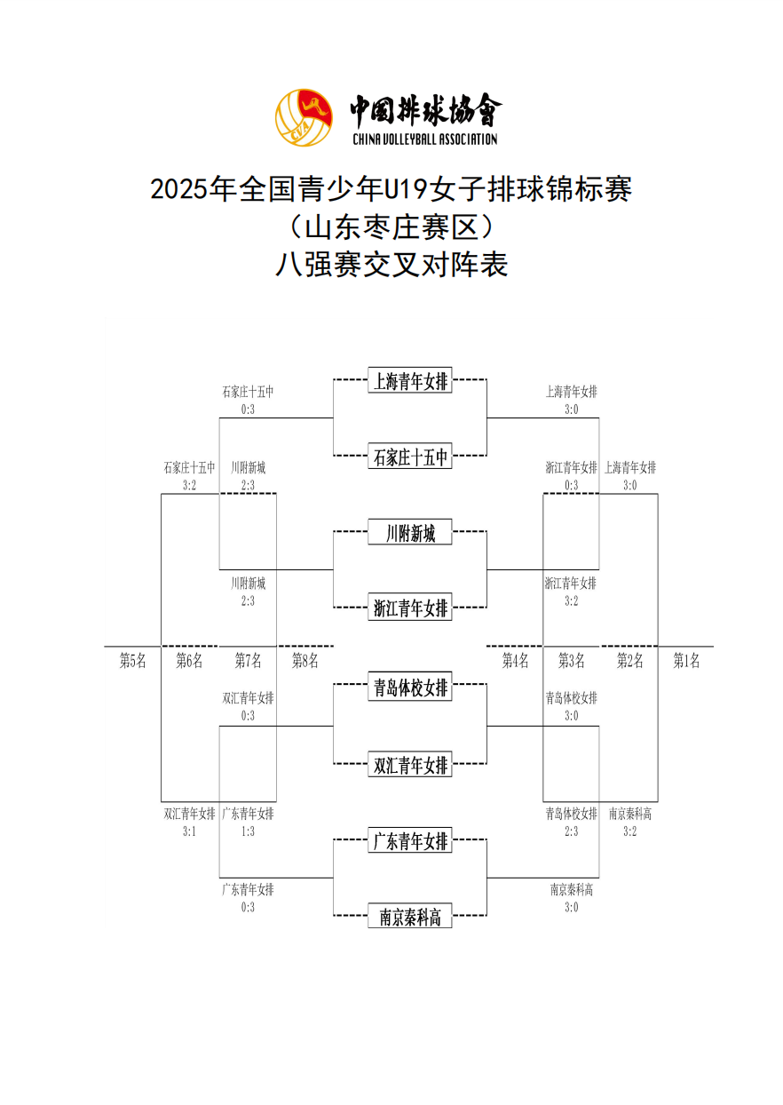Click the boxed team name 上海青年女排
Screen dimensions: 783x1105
(x=410, y=381)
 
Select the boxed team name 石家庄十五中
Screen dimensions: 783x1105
(x=410, y=457)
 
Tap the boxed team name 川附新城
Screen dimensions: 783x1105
(x=410, y=534)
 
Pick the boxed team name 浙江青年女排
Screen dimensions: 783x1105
(x=410, y=608)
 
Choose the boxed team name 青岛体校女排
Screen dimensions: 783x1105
(x=410, y=687)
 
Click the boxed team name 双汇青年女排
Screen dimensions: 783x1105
(x=410, y=764)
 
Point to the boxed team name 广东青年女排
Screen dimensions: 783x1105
(x=410, y=840)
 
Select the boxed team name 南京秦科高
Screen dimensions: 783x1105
(x=410, y=917)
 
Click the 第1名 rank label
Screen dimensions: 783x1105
(x=686, y=660)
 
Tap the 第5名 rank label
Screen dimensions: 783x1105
(x=133, y=660)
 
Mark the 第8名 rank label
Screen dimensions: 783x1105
(x=305, y=660)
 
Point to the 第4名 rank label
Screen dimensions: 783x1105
(x=515, y=660)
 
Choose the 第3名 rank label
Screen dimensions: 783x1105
(x=572, y=660)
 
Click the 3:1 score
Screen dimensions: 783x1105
(x=189, y=831)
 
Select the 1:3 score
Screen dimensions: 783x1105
(x=248, y=831)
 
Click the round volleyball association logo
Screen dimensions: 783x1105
(x=304, y=117)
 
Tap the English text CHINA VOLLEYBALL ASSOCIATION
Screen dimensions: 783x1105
(x=424, y=139)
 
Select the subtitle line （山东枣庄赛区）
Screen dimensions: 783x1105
(x=391, y=227)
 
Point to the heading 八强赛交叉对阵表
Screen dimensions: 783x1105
(x=391, y=265)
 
